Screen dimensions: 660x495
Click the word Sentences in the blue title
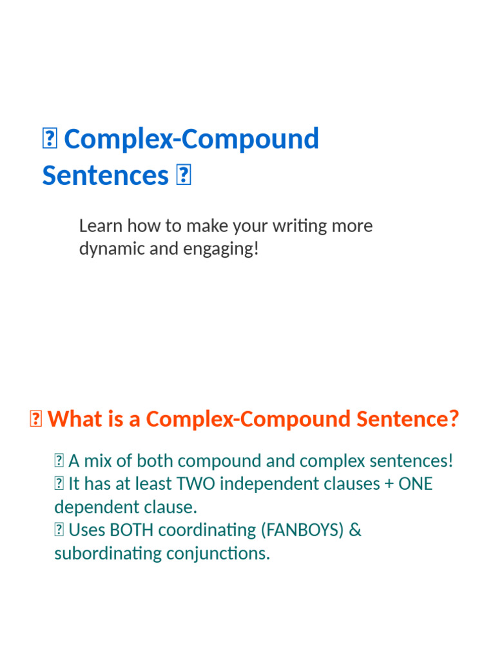(x=105, y=175)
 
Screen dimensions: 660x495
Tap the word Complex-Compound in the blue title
(x=191, y=139)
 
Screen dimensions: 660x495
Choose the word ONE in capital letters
(x=416, y=484)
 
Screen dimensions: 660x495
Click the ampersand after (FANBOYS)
(x=356, y=530)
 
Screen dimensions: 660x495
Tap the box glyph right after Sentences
(x=183, y=176)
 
